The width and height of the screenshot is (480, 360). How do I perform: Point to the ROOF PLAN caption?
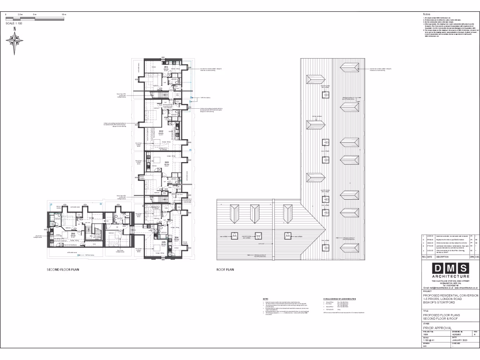[x=225, y=270]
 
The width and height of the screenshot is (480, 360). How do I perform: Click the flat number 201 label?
[x=166, y=67]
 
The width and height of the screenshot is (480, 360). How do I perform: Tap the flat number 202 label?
[x=161, y=131]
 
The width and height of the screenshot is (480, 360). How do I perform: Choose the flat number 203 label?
[x=166, y=162]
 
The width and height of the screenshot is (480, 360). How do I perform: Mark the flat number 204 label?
[x=176, y=238]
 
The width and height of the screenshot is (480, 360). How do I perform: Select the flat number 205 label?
[x=164, y=242]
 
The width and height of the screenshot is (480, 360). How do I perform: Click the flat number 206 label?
[x=73, y=233]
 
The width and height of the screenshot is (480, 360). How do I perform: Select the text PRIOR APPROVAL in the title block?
[x=437, y=328]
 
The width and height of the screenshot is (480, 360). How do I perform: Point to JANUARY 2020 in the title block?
[x=460, y=341]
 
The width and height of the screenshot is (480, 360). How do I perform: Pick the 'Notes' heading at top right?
[x=426, y=15]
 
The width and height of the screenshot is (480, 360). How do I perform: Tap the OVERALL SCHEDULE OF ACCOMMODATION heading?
[x=340, y=299]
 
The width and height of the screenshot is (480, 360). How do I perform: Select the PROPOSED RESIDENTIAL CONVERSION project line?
[x=450, y=296]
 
